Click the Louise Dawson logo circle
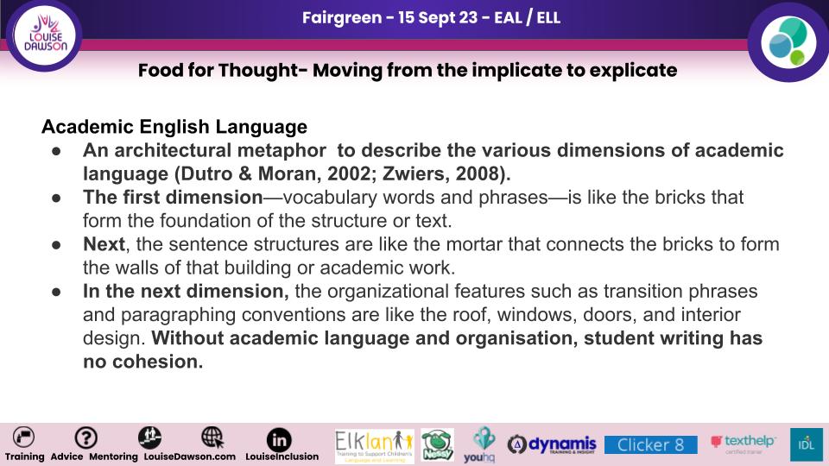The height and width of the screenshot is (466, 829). coord(44,35)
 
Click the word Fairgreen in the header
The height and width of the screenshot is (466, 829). coord(342,17)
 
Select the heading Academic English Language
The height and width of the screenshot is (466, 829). coord(174,127)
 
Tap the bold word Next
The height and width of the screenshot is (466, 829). coord(104,244)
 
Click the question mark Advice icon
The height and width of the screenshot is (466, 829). coord(85,438)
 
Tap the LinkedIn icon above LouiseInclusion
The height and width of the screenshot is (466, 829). coord(279,439)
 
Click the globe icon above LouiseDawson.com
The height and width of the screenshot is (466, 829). coord(212,438)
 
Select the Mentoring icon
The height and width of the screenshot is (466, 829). coord(149,438)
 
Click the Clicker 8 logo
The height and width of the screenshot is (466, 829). coord(651,445)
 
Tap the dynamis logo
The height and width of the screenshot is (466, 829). coord(552,444)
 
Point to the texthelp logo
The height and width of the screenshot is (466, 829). coord(744,443)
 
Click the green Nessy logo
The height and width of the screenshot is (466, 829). coord(437,445)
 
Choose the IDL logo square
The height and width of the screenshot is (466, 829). coord(807,444)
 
